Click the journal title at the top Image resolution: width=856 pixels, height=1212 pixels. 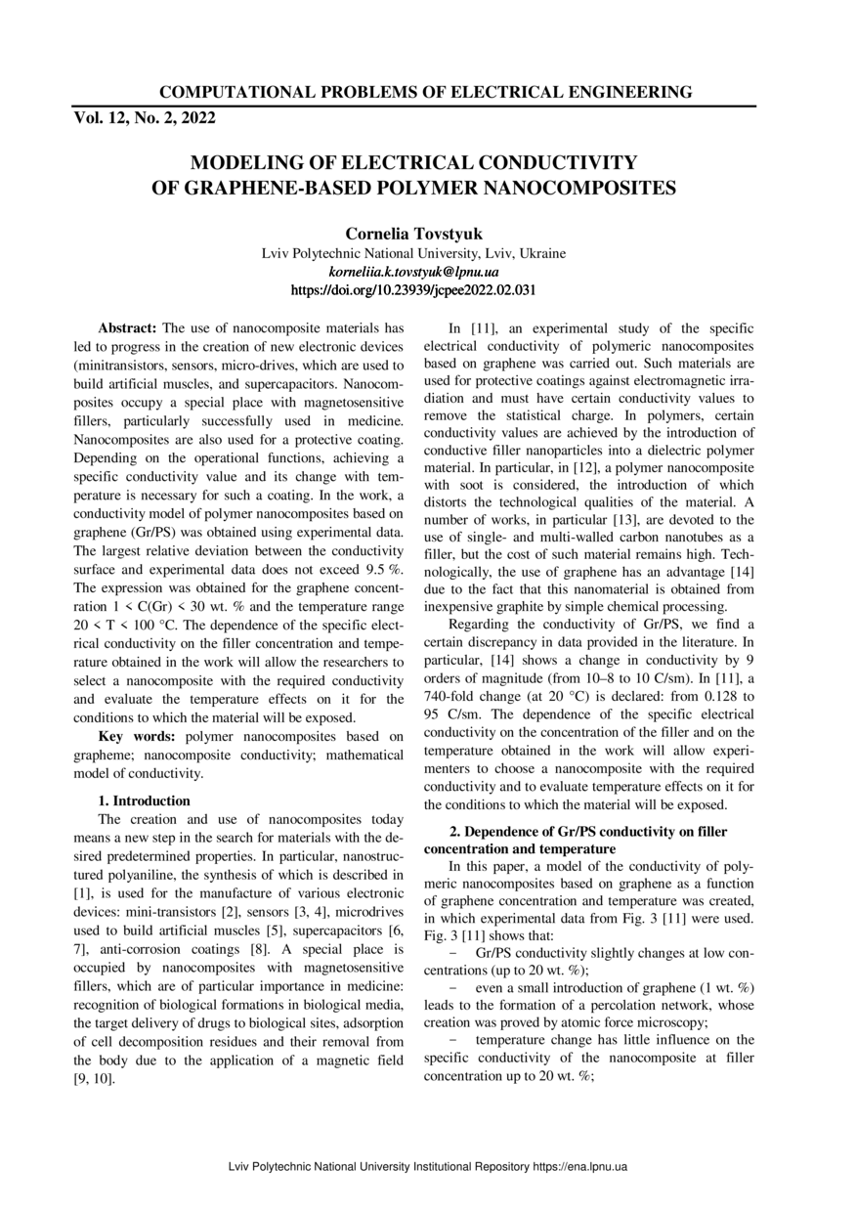click(425, 93)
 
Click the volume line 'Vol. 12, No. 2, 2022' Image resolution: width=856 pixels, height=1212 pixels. click(145, 118)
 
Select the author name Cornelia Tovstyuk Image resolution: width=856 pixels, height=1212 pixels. click(414, 235)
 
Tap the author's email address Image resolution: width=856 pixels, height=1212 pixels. click(414, 272)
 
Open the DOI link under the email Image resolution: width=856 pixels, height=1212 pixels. click(414, 290)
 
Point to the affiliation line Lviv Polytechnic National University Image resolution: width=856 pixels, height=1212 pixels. click(414, 253)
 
